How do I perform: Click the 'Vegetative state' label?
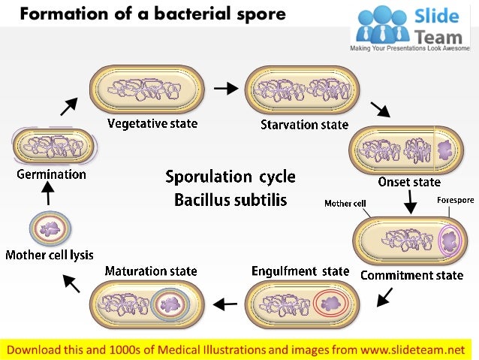pos(152,123)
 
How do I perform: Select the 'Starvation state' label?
pos(304,124)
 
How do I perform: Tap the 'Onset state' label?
pos(409,182)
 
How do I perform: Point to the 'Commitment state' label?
pos(412,275)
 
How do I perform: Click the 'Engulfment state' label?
pos(300,271)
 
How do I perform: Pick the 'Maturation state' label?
pos(151,271)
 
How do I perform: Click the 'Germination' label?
pos(51,174)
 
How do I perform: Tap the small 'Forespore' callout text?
pos(455,200)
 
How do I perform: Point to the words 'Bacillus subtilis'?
pos(230,201)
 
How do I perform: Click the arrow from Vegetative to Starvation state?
pos(225,89)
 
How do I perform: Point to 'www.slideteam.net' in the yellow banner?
pos(410,349)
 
